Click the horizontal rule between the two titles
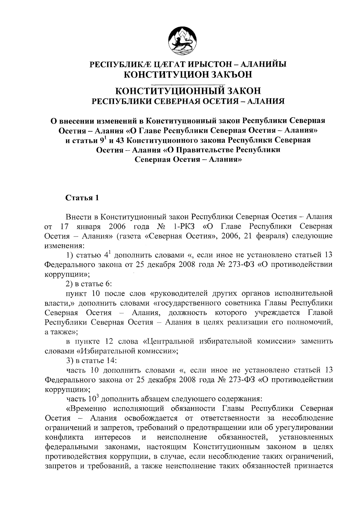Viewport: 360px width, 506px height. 188,81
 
